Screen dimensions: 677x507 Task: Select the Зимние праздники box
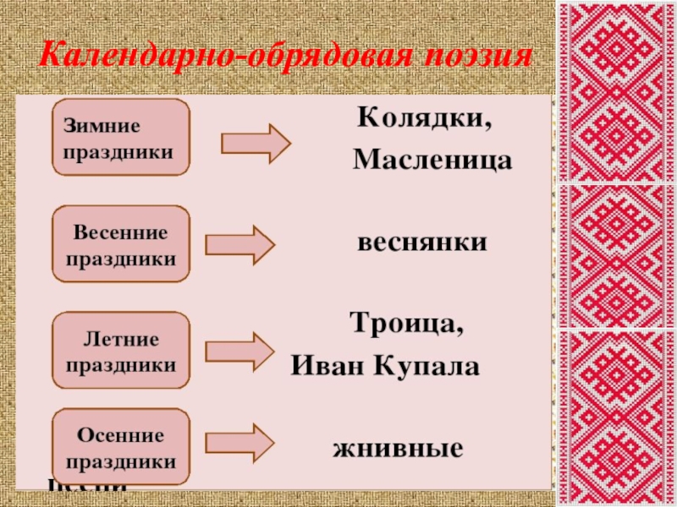(x=121, y=137)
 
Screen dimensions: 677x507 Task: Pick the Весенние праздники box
(x=121, y=244)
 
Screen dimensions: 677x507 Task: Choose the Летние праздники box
(x=121, y=352)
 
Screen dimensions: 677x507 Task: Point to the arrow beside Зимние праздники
(x=256, y=143)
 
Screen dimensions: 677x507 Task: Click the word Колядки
(x=424, y=117)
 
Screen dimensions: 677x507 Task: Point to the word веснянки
(x=421, y=243)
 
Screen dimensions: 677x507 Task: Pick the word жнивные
(x=398, y=447)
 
